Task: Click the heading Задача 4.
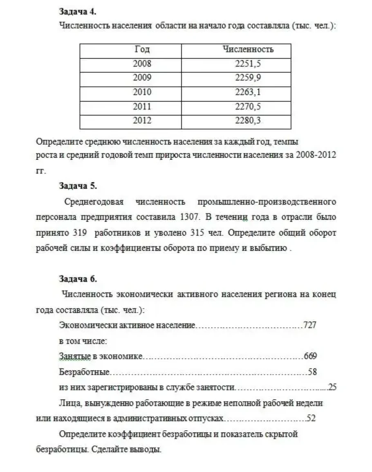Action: click(x=78, y=11)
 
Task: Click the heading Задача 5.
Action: click(x=78, y=186)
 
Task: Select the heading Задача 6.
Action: click(x=78, y=279)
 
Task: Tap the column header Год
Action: click(x=142, y=50)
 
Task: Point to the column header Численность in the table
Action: click(x=248, y=50)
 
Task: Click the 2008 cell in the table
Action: click(x=142, y=64)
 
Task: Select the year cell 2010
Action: click(x=142, y=92)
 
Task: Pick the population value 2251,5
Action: click(x=248, y=64)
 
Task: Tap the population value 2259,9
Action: click(x=248, y=78)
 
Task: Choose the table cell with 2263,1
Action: click(x=248, y=92)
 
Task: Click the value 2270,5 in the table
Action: click(x=248, y=106)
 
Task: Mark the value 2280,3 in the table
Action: click(x=248, y=121)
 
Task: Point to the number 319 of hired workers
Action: click(x=80, y=233)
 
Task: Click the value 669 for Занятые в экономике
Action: click(x=310, y=356)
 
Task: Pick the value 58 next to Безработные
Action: click(x=313, y=372)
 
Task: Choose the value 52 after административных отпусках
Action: click(x=311, y=418)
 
